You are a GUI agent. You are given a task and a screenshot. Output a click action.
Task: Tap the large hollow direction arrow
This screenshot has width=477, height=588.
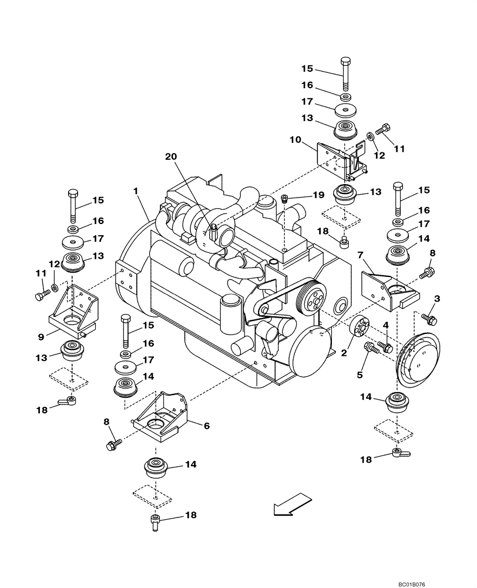(x=291, y=505)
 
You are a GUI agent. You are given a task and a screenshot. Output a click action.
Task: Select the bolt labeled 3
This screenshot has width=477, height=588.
(x=430, y=319)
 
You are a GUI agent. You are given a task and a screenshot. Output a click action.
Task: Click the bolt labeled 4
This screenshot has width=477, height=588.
(x=387, y=347)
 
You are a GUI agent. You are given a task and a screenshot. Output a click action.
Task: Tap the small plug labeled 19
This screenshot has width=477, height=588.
(x=284, y=198)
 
